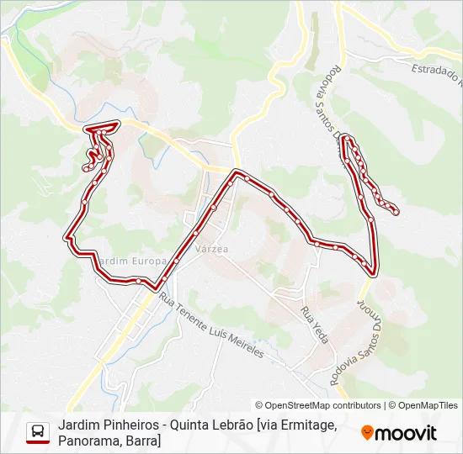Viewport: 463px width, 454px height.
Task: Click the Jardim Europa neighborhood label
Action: [131, 261]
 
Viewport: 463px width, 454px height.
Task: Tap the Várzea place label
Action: [211, 250]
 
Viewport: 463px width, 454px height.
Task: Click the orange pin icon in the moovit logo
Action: [367, 432]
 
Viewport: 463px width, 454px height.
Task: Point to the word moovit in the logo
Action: [406, 433]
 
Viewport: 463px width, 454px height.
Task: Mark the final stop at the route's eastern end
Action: [396, 211]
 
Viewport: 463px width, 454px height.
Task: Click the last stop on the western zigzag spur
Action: [86, 168]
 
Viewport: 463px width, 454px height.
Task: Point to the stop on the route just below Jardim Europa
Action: [136, 280]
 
